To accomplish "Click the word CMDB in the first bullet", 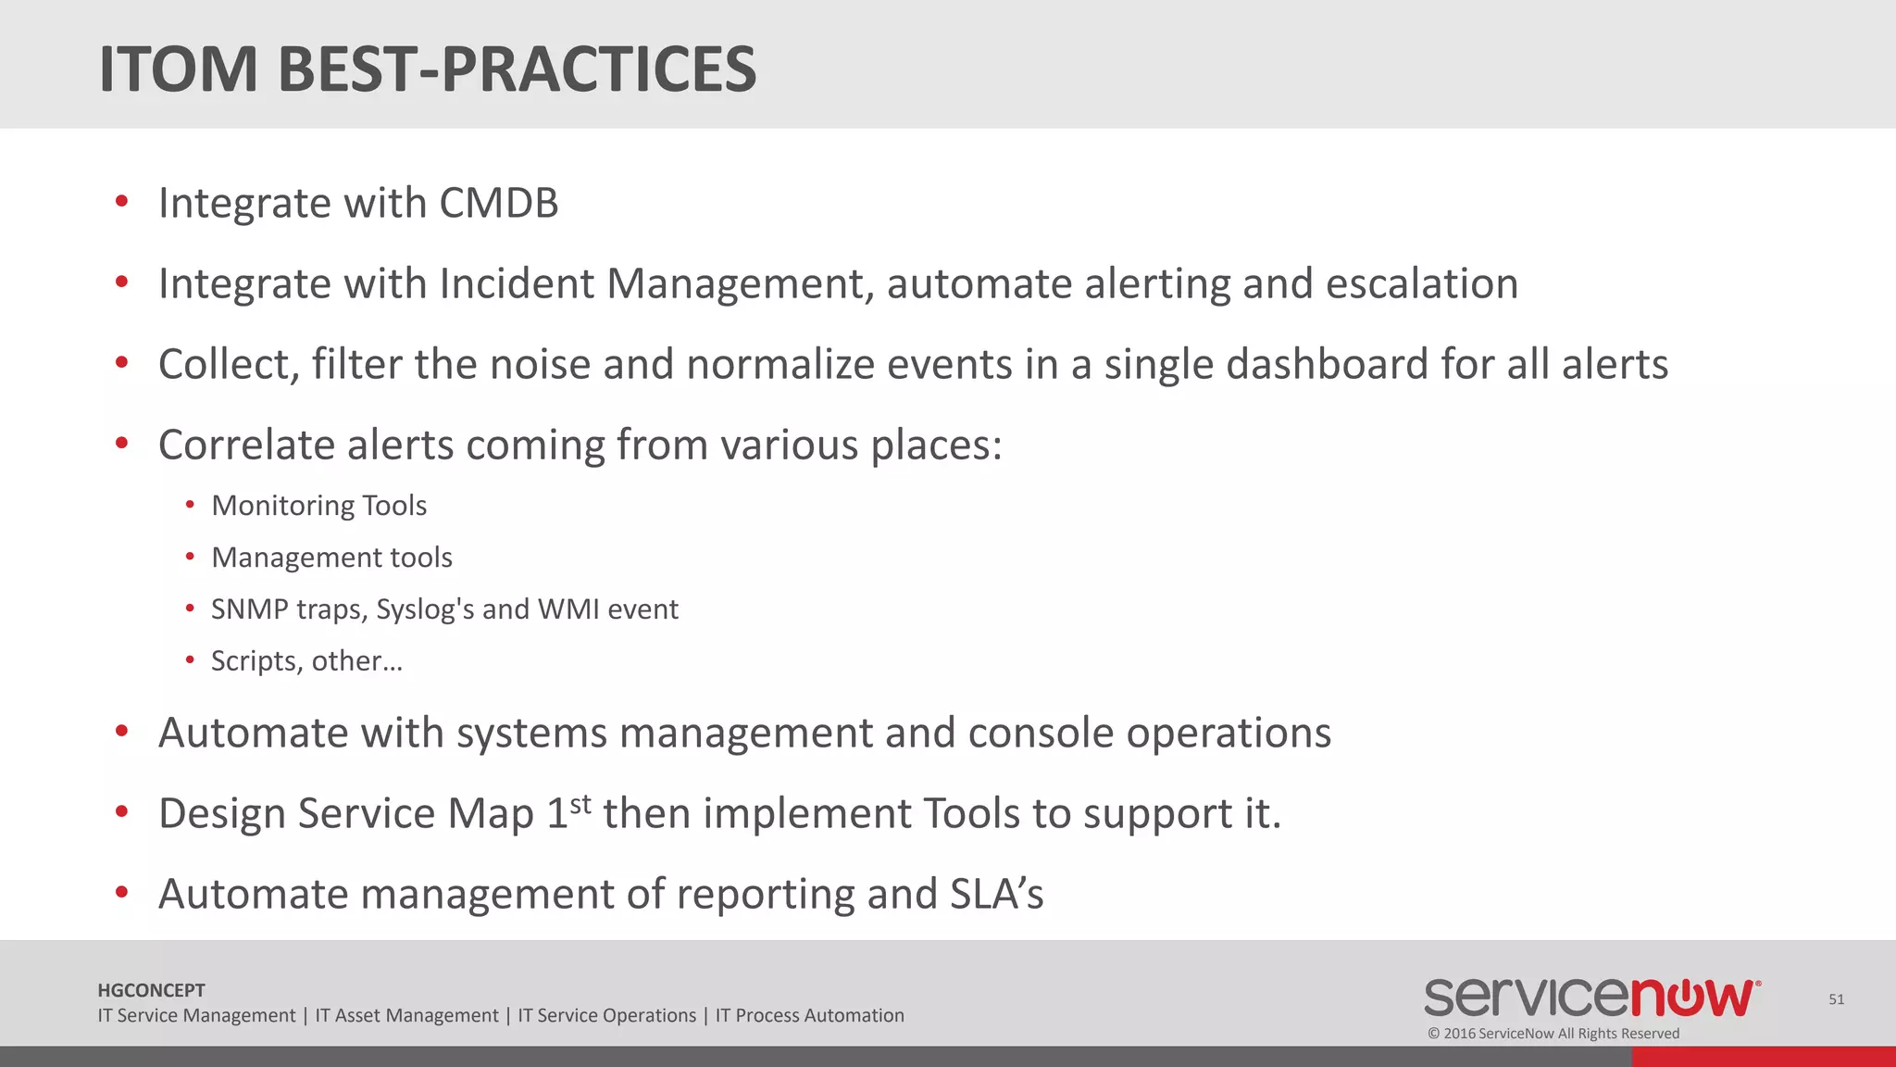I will [x=498, y=204].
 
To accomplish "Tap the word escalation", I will [x=1422, y=284].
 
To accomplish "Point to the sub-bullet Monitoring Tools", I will [x=318, y=506].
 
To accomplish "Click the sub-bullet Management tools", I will [x=331, y=558].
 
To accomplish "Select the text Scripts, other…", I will [x=306, y=661].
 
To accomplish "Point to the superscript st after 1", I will [x=580, y=803].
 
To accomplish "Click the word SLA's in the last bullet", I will [x=996, y=895].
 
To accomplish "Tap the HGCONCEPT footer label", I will [x=151, y=990].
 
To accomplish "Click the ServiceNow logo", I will [x=1591, y=998].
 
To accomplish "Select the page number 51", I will [x=1836, y=999].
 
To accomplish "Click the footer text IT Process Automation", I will [x=809, y=1016].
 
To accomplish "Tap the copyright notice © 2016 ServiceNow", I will [x=1553, y=1034].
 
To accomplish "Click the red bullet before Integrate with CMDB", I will [x=121, y=202].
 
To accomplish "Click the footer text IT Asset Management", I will [x=406, y=1016].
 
